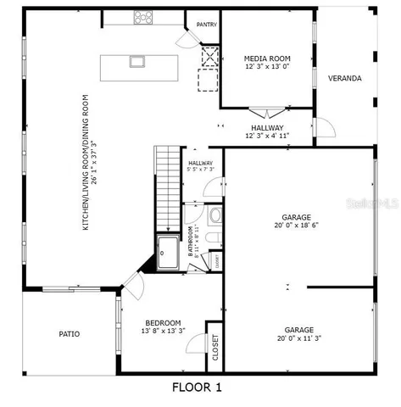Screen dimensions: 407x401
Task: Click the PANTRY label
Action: [x=207, y=25]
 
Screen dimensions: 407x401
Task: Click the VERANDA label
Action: [x=345, y=78]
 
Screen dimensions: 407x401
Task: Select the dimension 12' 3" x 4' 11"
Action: [x=267, y=135]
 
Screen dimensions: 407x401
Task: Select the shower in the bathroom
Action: [x=169, y=252]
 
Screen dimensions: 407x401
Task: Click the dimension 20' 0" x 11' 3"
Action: [x=298, y=337]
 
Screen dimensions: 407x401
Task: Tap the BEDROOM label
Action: [x=163, y=323]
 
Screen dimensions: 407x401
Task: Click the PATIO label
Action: [x=70, y=334]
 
